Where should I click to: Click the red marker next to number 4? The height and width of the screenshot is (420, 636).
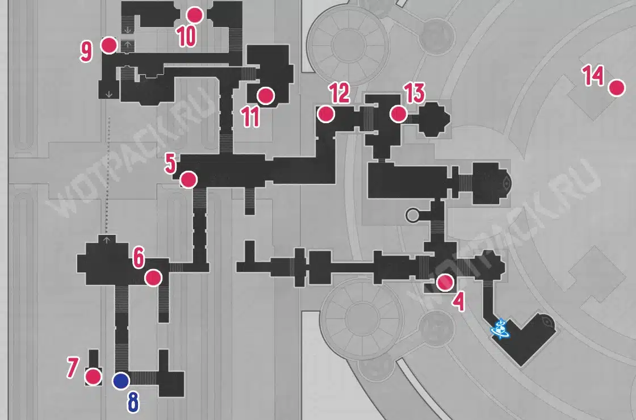tap(445, 283)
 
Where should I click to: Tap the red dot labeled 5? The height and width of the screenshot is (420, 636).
tap(189, 179)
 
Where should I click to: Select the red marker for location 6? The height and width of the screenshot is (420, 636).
tap(153, 278)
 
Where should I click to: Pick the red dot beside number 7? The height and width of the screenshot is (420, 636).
tap(93, 377)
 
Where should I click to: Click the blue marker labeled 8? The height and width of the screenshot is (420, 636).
tap(121, 381)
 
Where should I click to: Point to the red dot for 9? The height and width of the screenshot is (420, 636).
tap(108, 45)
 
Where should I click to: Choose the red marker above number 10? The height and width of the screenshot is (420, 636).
tap(195, 15)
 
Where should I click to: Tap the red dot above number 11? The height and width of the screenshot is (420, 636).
tap(266, 96)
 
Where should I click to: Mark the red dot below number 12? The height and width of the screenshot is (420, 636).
tap(326, 114)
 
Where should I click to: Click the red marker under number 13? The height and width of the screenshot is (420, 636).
tap(398, 114)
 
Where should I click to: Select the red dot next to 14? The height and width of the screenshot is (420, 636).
tap(617, 88)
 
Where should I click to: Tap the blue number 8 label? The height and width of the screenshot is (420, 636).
tap(133, 402)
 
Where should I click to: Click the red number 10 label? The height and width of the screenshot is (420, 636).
tap(187, 36)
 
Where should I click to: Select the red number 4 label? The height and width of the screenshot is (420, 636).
tap(459, 301)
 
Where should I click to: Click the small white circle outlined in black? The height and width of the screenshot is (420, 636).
tap(412, 215)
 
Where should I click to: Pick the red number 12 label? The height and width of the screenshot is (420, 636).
tap(339, 93)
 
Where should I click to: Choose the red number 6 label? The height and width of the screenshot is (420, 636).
tap(139, 258)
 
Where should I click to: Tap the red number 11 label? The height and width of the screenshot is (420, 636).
tap(250, 117)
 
